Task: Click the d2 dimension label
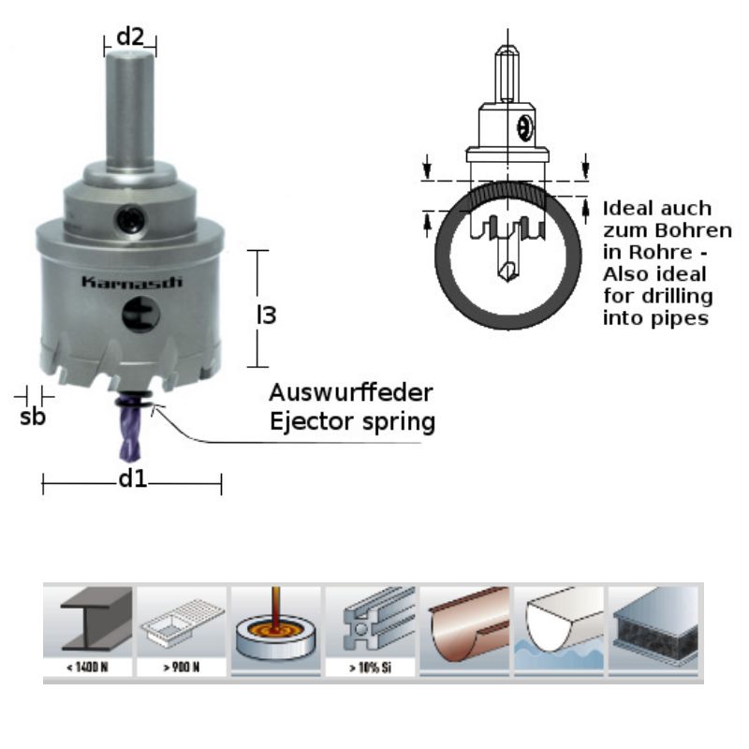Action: pyautogui.click(x=129, y=37)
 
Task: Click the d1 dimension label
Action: pyautogui.click(x=131, y=480)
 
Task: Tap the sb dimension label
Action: pyautogui.click(x=32, y=418)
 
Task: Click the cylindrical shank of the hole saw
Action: pyautogui.click(x=129, y=108)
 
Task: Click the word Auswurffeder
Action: pyautogui.click(x=351, y=390)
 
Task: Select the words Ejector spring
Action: pyautogui.click(x=351, y=421)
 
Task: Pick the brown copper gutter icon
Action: pyautogui.click(x=465, y=625)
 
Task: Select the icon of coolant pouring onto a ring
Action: pyautogui.click(x=276, y=625)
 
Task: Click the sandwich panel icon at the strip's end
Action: pyautogui.click(x=654, y=625)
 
